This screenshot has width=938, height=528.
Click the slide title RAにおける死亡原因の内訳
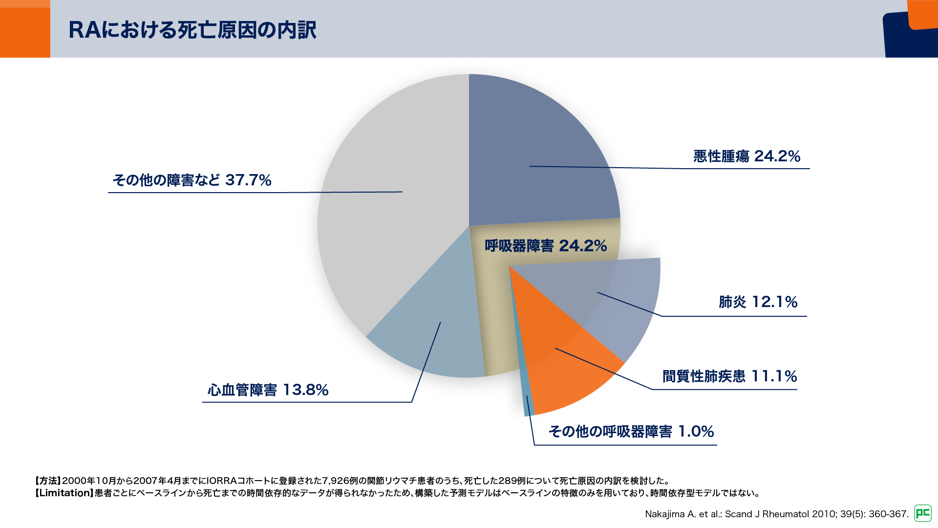(x=192, y=30)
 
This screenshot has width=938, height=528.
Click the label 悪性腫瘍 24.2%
(x=746, y=156)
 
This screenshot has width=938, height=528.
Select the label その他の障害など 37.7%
(x=192, y=180)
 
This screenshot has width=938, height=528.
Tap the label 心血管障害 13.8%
(x=268, y=390)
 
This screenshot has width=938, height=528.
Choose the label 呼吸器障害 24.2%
(x=546, y=245)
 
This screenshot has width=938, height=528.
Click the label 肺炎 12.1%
(x=758, y=302)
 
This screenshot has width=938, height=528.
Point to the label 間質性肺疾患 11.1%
(x=729, y=376)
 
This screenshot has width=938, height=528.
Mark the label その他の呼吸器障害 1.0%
(x=631, y=431)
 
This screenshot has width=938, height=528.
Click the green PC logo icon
(x=923, y=513)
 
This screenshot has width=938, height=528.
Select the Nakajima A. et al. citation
(x=776, y=514)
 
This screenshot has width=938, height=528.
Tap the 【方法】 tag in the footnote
(x=47, y=481)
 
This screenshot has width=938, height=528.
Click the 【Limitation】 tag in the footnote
(x=64, y=493)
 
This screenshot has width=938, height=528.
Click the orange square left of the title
(x=25, y=29)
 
